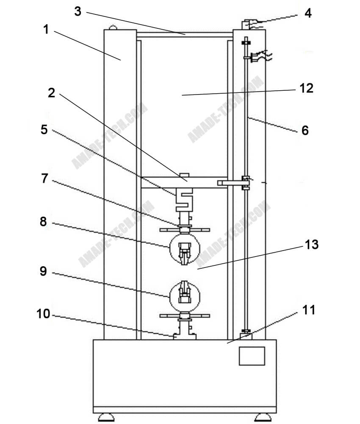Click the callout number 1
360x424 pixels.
[x=46, y=29]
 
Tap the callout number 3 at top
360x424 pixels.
[x=78, y=11]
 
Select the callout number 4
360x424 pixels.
[x=308, y=13]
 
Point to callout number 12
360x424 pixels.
[x=306, y=88]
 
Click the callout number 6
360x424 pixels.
[x=305, y=130]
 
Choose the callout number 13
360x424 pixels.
[x=312, y=245]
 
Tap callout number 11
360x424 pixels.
[x=309, y=310]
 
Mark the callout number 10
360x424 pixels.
[x=43, y=314]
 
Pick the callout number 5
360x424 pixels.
[x=44, y=129]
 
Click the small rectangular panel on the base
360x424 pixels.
[x=252, y=356]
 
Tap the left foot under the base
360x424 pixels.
[x=106, y=417]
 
